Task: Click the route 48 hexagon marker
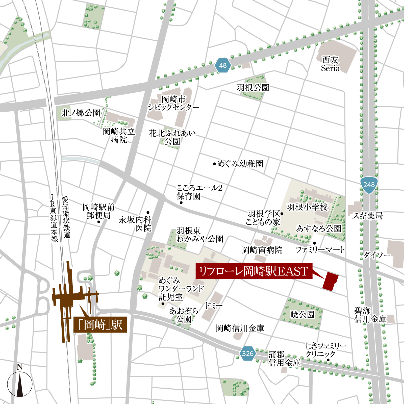click(223, 65)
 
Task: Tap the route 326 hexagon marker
click(247, 353)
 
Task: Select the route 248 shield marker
click(369, 185)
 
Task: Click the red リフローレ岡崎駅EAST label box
click(254, 271)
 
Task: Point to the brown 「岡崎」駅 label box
click(100, 325)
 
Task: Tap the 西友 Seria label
click(330, 64)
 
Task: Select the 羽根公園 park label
click(253, 88)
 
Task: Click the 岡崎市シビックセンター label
click(173, 103)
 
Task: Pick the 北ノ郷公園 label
click(81, 113)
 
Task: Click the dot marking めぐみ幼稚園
click(214, 164)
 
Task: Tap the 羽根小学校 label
click(307, 207)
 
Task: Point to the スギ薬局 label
click(367, 216)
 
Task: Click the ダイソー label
click(377, 255)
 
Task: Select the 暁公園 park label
click(302, 314)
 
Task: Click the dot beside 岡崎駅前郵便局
click(99, 222)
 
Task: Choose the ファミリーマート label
click(320, 250)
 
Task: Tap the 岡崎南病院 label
click(262, 250)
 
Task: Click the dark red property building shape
click(330, 281)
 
